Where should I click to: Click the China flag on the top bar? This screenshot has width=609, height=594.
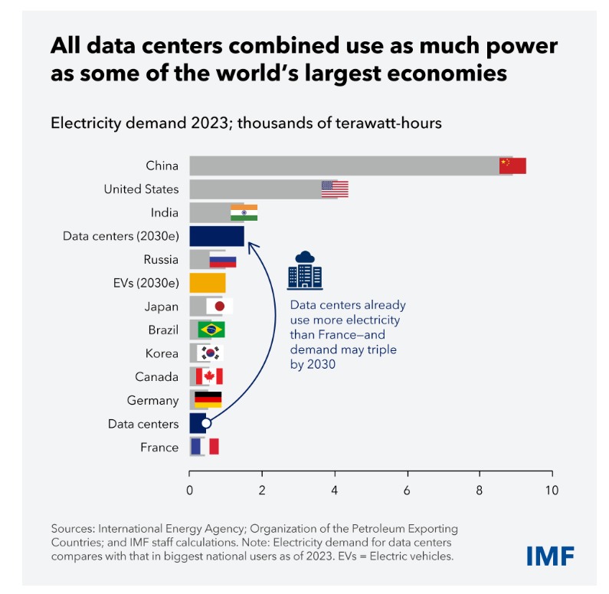(x=512, y=166)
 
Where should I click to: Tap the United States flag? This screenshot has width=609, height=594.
(x=335, y=189)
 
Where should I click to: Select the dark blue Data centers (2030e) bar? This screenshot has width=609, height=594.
(x=217, y=236)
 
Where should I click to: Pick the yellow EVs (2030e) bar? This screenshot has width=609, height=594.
(x=208, y=283)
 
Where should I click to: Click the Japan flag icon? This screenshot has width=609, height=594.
(x=219, y=307)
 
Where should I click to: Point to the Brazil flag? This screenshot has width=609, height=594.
(x=211, y=330)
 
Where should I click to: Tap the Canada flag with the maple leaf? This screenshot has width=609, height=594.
(x=209, y=376)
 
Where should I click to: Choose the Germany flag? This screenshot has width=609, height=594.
(x=208, y=399)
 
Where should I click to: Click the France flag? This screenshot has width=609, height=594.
(x=205, y=446)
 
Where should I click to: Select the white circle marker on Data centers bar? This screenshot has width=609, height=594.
(x=205, y=423)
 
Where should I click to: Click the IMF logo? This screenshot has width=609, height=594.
(x=550, y=556)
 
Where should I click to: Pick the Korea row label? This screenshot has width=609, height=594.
(x=162, y=353)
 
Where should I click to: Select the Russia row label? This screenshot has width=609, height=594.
(x=161, y=259)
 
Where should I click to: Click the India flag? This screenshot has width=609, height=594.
(x=244, y=212)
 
